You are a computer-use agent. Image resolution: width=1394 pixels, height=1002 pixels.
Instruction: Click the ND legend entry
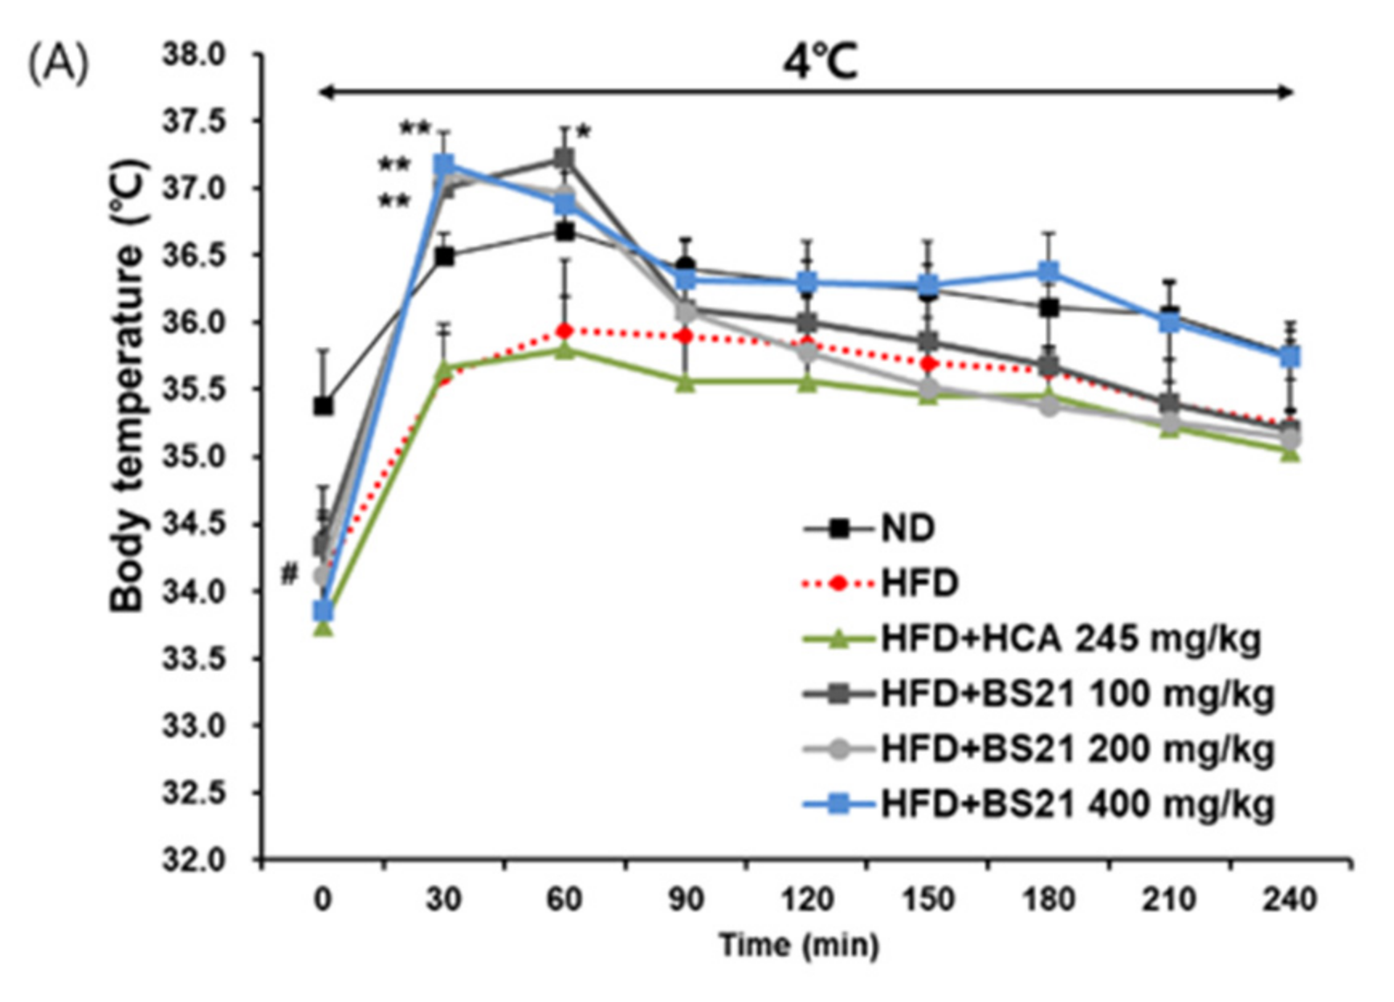(x=907, y=528)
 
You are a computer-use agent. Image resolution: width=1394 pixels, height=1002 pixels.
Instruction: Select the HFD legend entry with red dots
(x=919, y=583)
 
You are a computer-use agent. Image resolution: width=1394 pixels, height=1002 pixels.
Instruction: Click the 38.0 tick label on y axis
(x=196, y=55)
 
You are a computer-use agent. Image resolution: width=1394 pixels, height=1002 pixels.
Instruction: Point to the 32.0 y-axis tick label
(x=196, y=860)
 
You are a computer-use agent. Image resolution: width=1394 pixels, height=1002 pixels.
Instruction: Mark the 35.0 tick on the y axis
(x=196, y=458)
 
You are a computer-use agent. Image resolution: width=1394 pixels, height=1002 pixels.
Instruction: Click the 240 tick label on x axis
(x=1290, y=898)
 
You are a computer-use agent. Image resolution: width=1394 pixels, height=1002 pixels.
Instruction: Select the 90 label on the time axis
(x=685, y=898)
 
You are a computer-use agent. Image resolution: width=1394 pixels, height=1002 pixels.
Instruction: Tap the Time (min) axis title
(x=799, y=945)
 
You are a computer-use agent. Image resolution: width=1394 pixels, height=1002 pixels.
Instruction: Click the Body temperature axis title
(x=128, y=385)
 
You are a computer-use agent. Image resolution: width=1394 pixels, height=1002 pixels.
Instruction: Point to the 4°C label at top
(x=821, y=62)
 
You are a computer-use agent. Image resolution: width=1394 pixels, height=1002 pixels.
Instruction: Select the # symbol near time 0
(x=289, y=574)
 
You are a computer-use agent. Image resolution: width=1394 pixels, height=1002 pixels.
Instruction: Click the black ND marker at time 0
(x=323, y=406)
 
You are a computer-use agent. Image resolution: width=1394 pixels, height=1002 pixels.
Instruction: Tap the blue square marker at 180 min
(x=1048, y=272)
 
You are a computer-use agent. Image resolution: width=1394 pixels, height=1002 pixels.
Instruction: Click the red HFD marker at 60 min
(x=565, y=331)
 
